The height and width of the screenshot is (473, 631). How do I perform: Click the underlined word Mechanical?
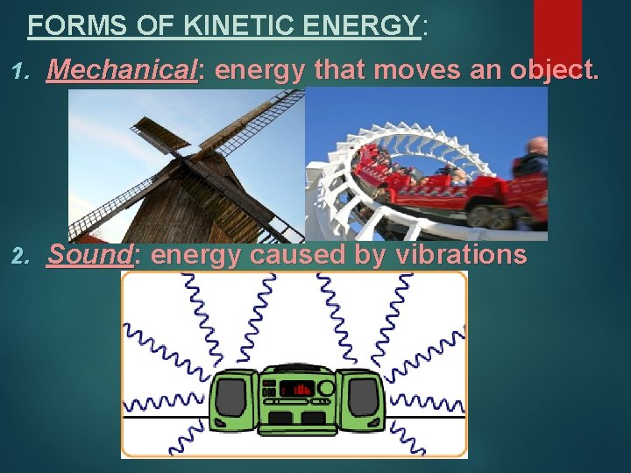[123, 70]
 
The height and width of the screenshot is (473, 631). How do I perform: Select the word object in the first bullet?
[551, 70]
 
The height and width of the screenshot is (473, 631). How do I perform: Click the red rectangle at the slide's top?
[557, 26]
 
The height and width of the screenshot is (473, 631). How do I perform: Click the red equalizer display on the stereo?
[302, 388]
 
